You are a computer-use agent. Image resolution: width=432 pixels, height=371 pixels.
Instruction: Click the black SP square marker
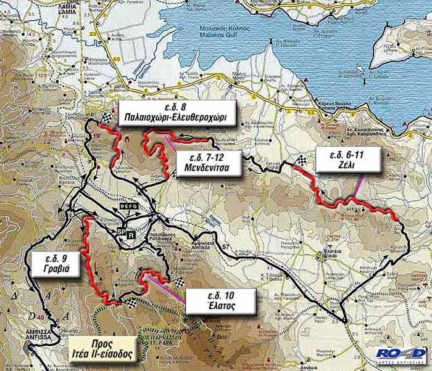point(122,231)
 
